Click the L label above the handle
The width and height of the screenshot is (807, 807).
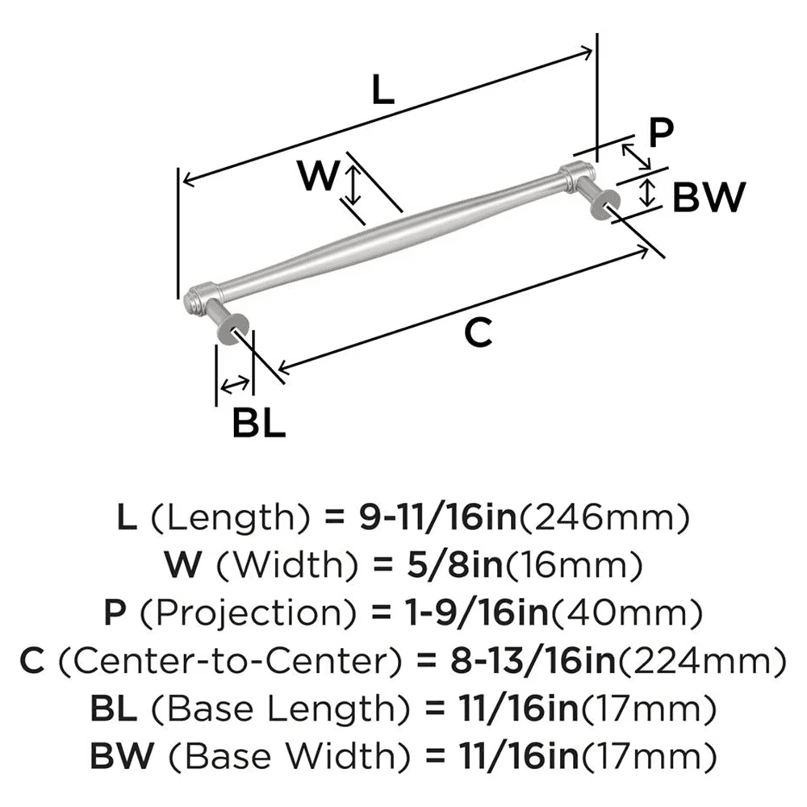(x=383, y=91)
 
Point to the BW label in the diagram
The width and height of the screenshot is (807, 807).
(x=708, y=197)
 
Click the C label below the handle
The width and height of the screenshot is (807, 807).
(x=479, y=332)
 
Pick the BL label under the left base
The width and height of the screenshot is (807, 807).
(x=259, y=422)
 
